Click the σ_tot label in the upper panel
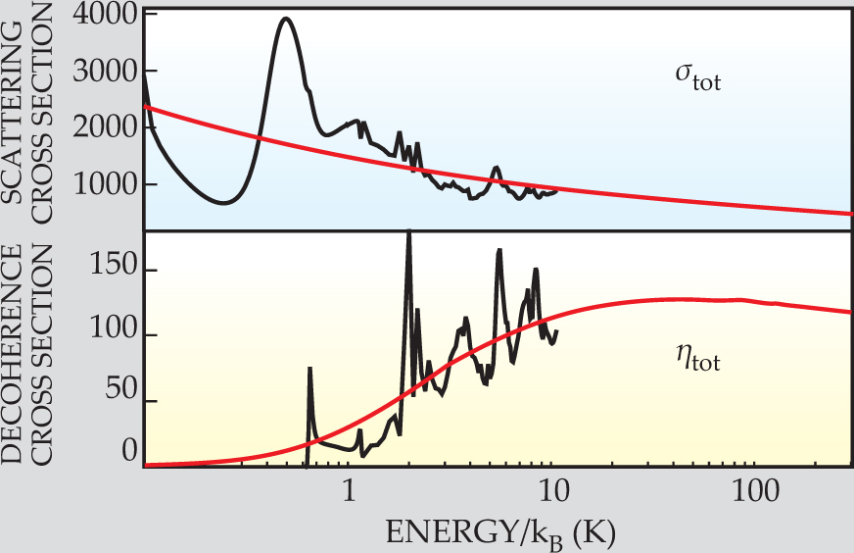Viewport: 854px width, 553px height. click(689, 77)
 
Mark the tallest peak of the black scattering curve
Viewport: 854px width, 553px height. click(285, 18)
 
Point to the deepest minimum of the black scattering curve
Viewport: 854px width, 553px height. click(225, 203)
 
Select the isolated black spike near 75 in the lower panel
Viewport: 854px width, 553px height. click(309, 369)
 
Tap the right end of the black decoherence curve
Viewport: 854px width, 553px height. click(557, 331)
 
